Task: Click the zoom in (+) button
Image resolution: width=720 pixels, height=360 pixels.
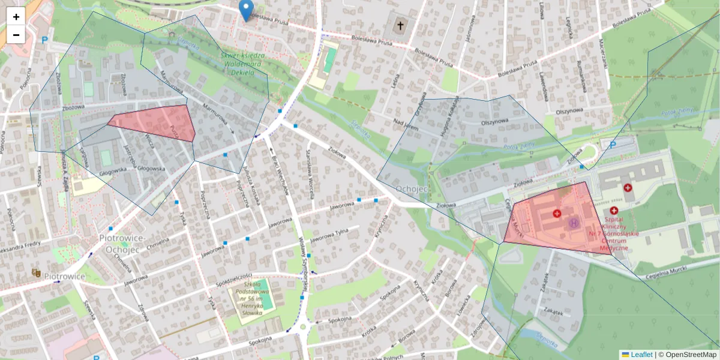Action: (16, 17)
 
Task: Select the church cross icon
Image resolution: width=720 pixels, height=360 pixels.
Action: (401, 26)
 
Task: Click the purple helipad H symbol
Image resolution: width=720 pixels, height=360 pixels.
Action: (574, 224)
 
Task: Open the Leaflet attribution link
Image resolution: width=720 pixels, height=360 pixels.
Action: (641, 355)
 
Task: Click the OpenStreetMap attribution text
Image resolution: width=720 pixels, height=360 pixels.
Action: (687, 355)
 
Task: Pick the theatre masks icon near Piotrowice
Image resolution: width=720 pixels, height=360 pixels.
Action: (37, 272)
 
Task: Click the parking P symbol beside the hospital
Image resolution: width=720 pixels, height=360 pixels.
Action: (613, 145)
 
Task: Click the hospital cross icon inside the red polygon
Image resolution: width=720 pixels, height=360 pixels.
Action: (557, 214)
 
